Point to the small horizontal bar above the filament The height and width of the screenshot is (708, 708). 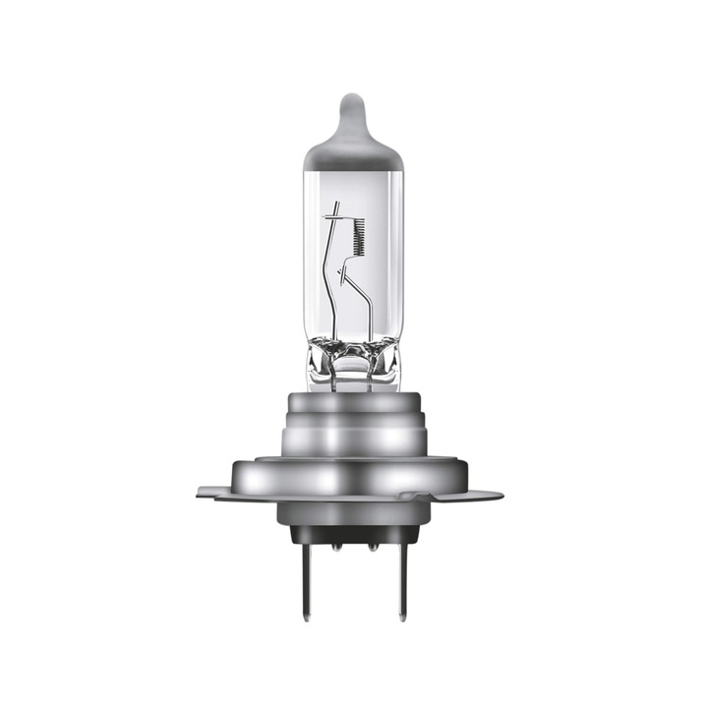337,214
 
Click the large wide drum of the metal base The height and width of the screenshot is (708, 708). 354,479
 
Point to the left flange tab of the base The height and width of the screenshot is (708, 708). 211,491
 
